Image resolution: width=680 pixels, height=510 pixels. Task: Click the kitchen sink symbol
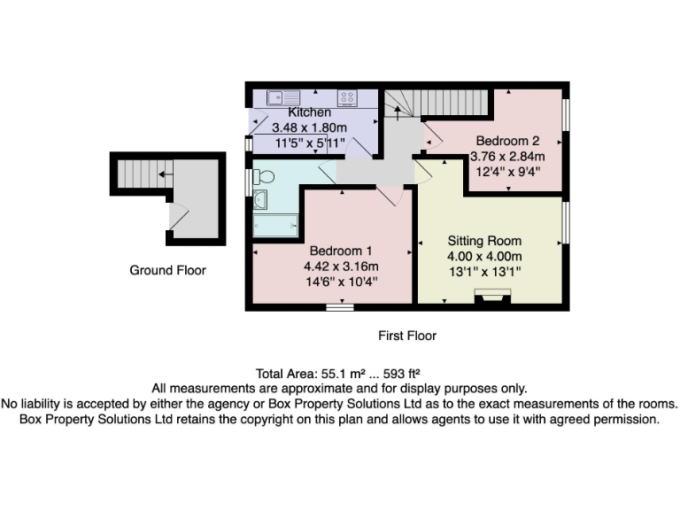(277, 97)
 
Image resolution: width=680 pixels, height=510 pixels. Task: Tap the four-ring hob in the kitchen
(347, 97)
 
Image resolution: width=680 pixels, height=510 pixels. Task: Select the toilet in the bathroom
(264, 177)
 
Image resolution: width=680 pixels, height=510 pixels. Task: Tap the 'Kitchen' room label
(310, 112)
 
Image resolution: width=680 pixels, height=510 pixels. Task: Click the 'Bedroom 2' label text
(507, 141)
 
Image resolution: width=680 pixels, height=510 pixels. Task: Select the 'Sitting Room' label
(484, 241)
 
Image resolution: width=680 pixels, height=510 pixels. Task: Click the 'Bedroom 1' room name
(336, 251)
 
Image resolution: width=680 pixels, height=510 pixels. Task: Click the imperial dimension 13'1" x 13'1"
(484, 272)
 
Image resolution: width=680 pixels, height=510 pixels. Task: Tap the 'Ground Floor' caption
(167, 270)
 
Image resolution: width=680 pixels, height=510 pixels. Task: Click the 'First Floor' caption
(407, 336)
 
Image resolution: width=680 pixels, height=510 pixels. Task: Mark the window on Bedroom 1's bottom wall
(338, 307)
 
